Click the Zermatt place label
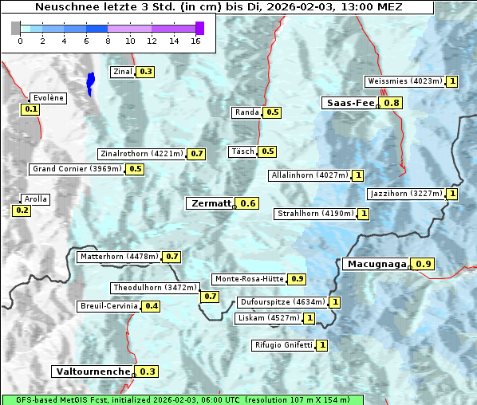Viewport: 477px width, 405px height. pyautogui.click(x=211, y=203)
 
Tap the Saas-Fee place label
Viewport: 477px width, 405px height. pyautogui.click(x=350, y=103)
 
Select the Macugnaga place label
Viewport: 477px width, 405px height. pyautogui.click(x=376, y=264)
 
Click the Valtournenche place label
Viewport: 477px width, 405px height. pyautogui.click(x=93, y=372)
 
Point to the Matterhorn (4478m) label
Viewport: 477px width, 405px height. pyautogui.click(x=118, y=257)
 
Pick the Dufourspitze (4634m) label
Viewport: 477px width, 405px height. pyautogui.click(x=282, y=302)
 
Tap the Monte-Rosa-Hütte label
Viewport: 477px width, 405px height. pyautogui.click(x=248, y=279)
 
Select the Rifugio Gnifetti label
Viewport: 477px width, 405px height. pyautogui.click(x=283, y=345)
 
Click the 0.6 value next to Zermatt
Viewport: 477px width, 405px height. pyautogui.click(x=248, y=203)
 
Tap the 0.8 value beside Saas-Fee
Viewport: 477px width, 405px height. pyautogui.click(x=392, y=103)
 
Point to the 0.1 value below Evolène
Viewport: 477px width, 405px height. pyautogui.click(x=31, y=109)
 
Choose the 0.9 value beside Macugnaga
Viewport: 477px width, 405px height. pyautogui.click(x=424, y=264)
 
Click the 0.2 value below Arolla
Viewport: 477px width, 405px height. pyautogui.click(x=22, y=210)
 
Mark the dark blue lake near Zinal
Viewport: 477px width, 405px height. pyautogui.click(x=90, y=83)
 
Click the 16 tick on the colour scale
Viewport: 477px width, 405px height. pyautogui.click(x=195, y=41)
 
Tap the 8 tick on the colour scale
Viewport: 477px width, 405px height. pyautogui.click(x=108, y=41)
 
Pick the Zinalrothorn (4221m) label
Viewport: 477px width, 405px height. pyautogui.click(x=141, y=153)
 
